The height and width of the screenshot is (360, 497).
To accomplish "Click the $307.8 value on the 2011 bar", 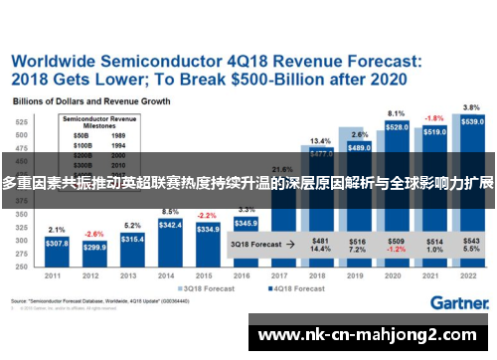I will click(x=57, y=243).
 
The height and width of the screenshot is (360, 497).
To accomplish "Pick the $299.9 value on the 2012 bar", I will click(x=94, y=247).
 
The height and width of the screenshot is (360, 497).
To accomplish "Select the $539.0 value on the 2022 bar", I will click(x=473, y=121).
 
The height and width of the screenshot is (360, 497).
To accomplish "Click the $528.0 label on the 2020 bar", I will click(x=397, y=127).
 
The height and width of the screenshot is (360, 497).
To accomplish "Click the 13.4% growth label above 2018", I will click(x=320, y=141).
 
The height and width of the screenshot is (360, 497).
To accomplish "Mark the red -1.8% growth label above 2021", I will click(x=435, y=117).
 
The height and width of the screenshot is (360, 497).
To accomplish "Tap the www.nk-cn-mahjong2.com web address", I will click(x=371, y=335).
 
